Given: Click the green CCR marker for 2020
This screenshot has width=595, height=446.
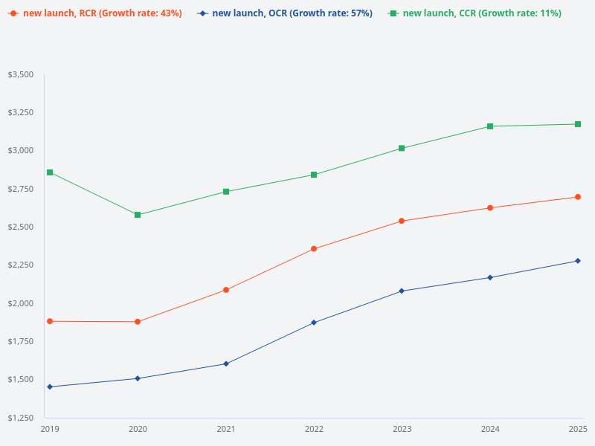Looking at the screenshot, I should coord(138,215).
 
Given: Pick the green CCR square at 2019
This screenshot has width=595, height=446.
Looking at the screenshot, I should coord(50,172).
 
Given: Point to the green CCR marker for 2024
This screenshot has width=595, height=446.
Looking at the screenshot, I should coord(490,126).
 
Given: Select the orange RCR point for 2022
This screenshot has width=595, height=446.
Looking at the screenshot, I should coord(314,249).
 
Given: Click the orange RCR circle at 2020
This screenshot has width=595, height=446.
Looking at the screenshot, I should coord(138,322).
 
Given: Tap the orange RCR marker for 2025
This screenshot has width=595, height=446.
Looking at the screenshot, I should coord(578,197).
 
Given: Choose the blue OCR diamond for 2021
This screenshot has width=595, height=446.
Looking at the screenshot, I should coord(226,363).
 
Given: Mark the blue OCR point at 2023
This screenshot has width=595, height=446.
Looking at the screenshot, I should coord(402,291).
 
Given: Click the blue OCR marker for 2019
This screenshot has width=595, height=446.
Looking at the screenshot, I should coord(50,387).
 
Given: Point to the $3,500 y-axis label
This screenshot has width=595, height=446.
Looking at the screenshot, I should coord(20,74).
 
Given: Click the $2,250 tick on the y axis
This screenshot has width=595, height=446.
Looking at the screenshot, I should coord(20,265).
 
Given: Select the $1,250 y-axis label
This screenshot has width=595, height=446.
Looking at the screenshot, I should coord(20,417).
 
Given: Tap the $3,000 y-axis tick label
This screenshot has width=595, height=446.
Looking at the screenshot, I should coord(20,151).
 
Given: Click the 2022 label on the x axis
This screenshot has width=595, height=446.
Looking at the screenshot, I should coord(314,429).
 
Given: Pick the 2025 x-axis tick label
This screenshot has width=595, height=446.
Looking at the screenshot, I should coord(578,429).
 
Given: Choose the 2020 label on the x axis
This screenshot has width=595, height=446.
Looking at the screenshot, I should coord(138,429).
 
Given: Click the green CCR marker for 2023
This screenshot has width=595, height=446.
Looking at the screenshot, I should coord(402,148).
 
